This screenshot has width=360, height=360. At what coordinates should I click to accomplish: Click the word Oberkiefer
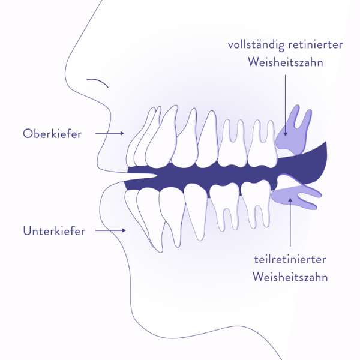[x=52, y=134]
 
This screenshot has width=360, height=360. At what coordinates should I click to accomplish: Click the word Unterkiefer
[x=54, y=231]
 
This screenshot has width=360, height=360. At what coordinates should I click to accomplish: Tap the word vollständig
[x=256, y=45]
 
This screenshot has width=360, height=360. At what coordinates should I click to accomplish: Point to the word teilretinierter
[x=290, y=260]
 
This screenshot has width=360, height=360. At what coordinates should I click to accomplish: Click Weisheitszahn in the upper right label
[x=286, y=62]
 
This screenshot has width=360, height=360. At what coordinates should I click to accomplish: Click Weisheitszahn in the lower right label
[x=290, y=277]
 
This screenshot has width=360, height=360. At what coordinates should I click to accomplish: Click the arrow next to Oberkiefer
[x=110, y=133]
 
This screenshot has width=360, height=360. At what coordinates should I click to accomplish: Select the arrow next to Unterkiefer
[x=110, y=230]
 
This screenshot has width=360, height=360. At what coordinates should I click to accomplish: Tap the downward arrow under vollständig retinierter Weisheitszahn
[x=286, y=106]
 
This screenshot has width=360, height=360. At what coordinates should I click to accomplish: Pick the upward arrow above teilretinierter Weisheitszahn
[x=290, y=222]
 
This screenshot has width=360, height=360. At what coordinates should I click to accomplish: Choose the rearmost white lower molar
[x=256, y=202]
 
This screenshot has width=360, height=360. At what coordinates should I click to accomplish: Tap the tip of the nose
[x=65, y=73]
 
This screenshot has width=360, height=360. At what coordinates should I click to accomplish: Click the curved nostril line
[x=98, y=82]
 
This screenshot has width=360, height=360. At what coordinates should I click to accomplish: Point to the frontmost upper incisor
[x=140, y=138]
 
